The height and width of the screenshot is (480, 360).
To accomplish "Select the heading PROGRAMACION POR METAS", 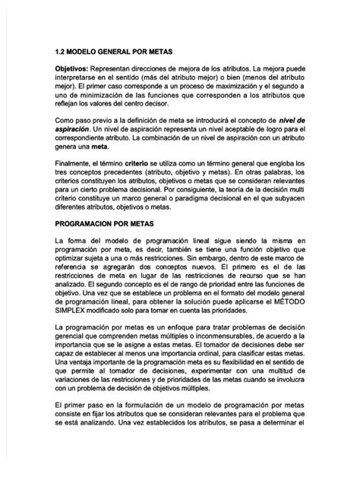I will pos(105,224).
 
